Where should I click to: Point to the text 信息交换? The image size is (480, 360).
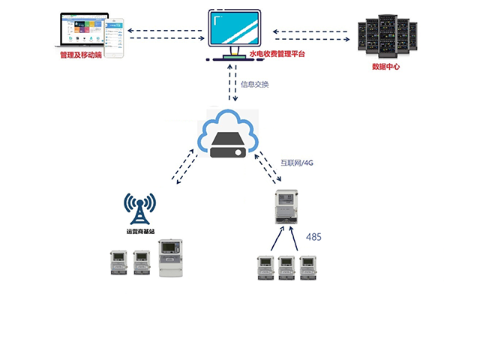coord(254,84)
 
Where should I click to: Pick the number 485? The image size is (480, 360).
coord(313,237)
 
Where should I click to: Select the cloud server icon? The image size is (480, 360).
coord(228,136)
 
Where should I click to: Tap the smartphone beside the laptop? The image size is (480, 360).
coord(113,38)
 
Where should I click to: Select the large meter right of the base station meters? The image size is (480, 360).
coord(171,258)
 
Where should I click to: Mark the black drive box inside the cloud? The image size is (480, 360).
coord(228,146)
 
